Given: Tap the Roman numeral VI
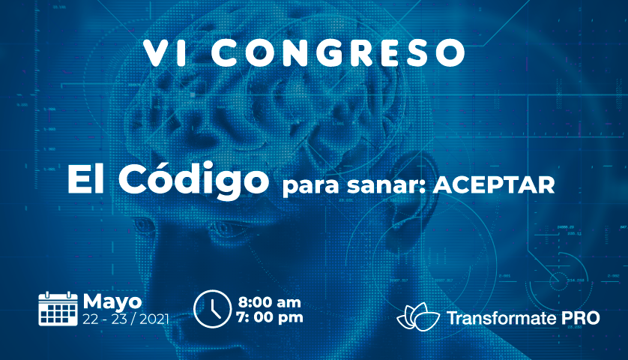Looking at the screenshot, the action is click(x=166, y=52).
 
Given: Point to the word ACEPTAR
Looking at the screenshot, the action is click(x=493, y=185).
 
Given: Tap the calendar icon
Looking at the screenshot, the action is click(x=58, y=309).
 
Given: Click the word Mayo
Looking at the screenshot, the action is click(x=112, y=302).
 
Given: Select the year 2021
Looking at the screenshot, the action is click(x=154, y=319).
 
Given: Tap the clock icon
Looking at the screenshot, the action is click(x=212, y=309).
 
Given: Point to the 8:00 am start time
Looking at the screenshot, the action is click(x=269, y=301).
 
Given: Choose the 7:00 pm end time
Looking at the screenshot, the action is click(x=270, y=317).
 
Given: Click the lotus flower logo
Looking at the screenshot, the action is click(x=418, y=316).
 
